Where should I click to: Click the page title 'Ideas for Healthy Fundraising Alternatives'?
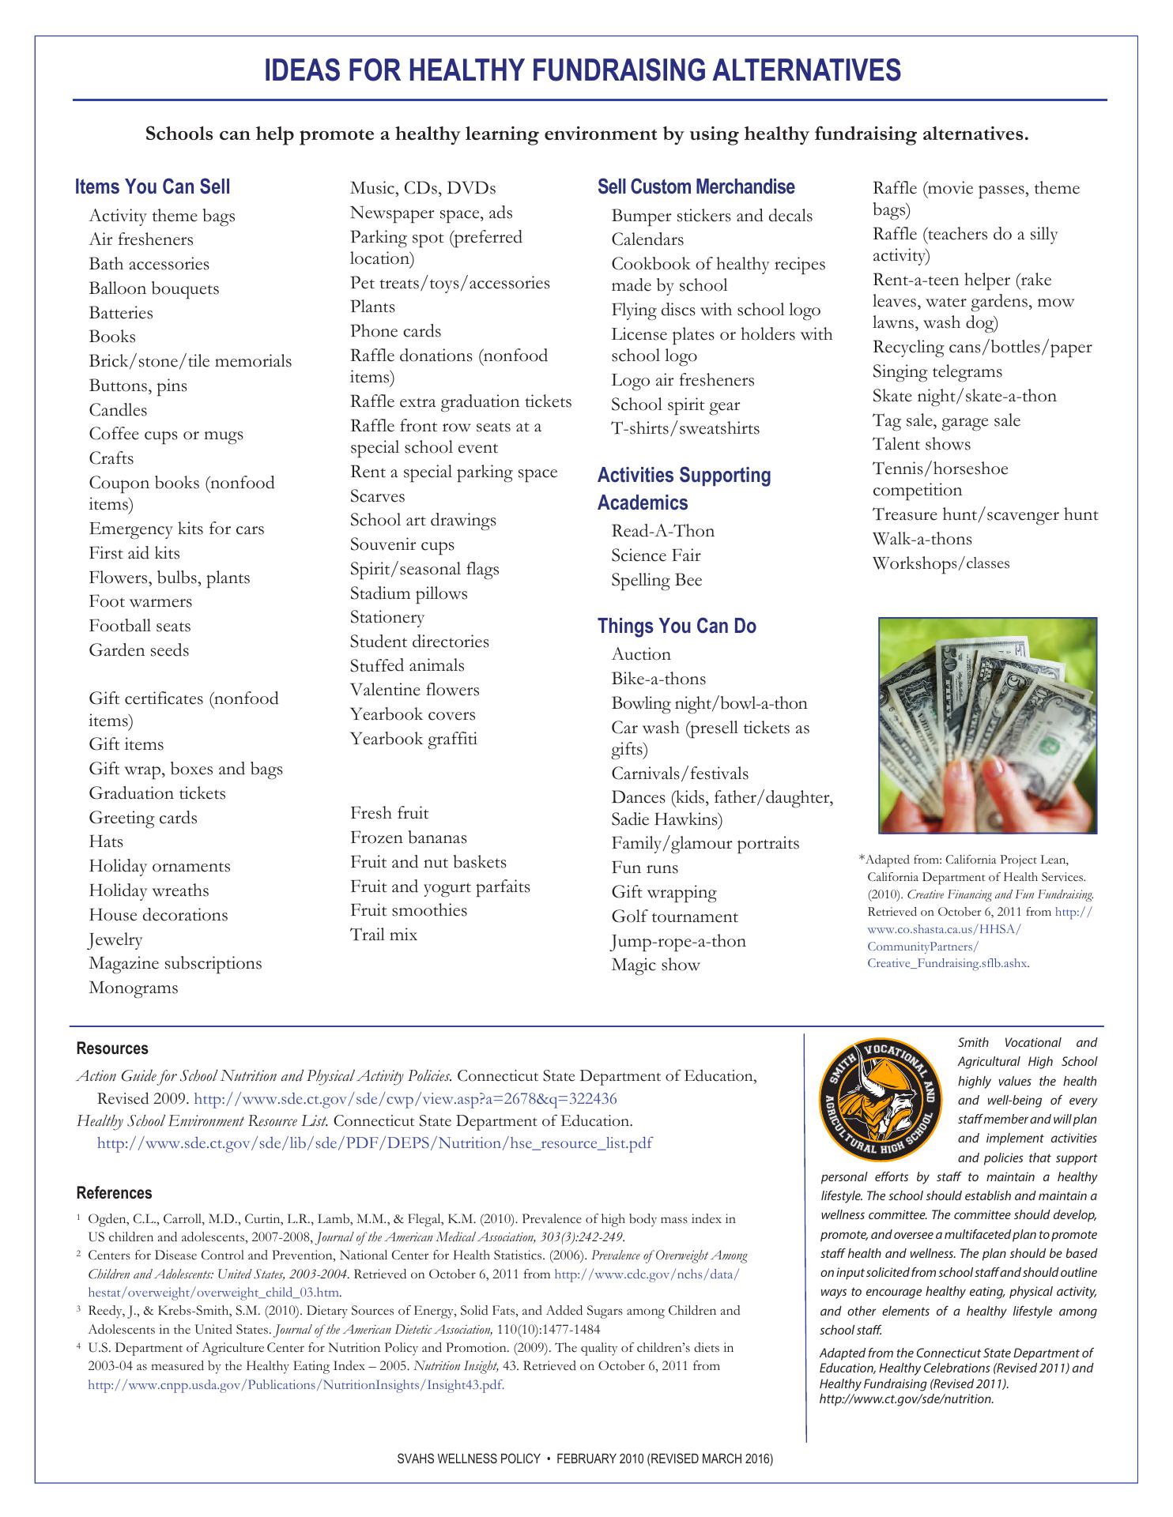coord(582,70)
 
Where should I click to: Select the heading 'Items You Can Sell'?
coord(153,186)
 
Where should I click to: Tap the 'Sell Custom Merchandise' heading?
coord(696,186)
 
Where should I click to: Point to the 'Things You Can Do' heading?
coord(677,626)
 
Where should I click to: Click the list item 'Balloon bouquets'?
coord(153,288)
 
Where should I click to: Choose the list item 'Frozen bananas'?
coord(408,838)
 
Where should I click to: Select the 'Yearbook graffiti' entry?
coord(413,739)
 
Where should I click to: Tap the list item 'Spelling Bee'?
coord(656,580)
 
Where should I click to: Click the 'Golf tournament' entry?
coord(674,917)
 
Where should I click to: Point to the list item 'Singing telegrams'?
coord(937,371)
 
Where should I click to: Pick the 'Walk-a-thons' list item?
coord(922,539)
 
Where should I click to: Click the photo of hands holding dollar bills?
coord(987,725)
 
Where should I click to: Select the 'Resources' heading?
coord(112,1048)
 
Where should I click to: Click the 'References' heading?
coord(114,1193)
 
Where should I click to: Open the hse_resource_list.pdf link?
coord(374,1143)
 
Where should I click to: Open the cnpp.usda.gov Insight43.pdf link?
coord(296,1384)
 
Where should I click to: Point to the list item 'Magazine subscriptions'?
coord(175,963)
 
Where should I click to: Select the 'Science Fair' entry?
coord(655,555)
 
